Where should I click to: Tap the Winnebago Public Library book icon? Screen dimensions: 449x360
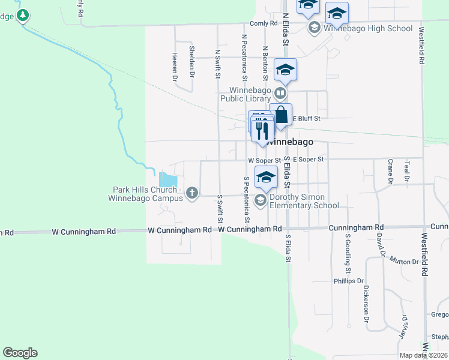pos(280,94)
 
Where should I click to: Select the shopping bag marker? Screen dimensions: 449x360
pos(280,115)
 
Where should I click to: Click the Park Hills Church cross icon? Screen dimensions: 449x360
pos(192,193)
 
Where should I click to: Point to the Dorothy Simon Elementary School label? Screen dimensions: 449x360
pos(304,201)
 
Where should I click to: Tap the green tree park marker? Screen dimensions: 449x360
pos(23,15)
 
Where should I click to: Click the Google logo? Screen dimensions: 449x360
pos(20,353)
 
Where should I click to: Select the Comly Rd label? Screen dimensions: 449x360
pos(265,23)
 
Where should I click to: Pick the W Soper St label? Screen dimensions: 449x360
pos(264,160)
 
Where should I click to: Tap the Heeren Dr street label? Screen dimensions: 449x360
pos(175,66)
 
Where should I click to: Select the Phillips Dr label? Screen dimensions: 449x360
pos(349,281)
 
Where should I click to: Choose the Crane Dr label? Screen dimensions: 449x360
pos(390,170)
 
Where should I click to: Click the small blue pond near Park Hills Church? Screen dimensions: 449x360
pos(168,179)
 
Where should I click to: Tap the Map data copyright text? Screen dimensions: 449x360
pos(423,355)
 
